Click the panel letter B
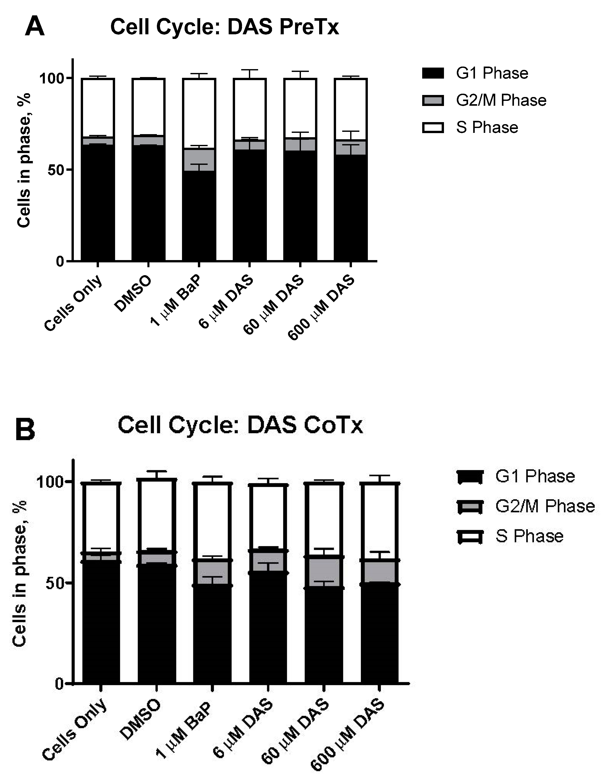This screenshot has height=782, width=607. (x=25, y=430)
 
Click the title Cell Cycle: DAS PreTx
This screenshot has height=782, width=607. (x=225, y=27)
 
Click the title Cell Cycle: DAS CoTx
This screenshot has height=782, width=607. (x=240, y=425)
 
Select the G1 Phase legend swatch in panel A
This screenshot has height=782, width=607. (x=433, y=73)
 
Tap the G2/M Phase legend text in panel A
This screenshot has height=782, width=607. (x=501, y=100)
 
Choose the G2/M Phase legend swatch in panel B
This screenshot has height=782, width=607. (x=470, y=507)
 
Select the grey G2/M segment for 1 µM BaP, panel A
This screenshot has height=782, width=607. (x=199, y=160)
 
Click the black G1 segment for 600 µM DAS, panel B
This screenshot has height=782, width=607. (x=379, y=634)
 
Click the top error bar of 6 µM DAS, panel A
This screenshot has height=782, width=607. (x=249, y=70)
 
